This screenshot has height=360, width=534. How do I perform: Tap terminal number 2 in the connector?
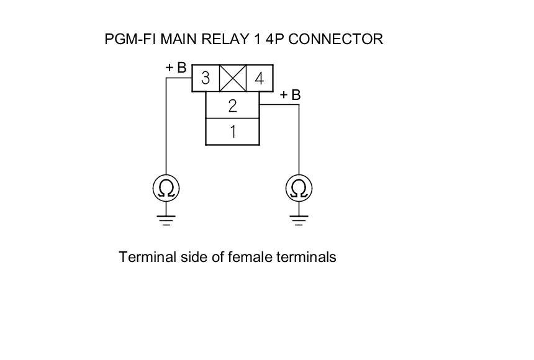click(x=232, y=106)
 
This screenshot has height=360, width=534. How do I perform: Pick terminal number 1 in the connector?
click(x=232, y=132)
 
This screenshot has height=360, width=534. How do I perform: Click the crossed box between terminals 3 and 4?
click(x=233, y=79)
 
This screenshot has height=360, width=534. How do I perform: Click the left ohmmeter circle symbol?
click(x=166, y=188)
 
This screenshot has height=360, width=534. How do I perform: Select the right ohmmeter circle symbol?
click(x=299, y=188)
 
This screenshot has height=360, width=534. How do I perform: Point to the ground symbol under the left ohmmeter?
click(x=166, y=220)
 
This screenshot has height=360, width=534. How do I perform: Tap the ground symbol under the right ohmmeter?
click(x=299, y=220)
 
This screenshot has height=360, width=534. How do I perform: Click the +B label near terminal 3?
click(x=176, y=68)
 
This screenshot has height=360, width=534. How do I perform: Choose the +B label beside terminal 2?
click(x=290, y=95)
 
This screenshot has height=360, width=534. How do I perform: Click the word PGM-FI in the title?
click(x=131, y=39)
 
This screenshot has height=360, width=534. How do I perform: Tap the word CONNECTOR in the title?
click(x=336, y=39)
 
